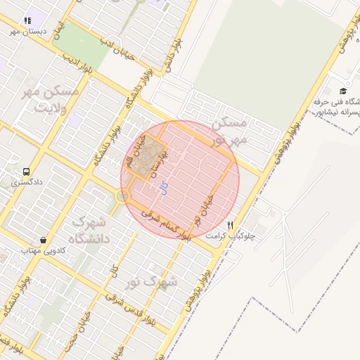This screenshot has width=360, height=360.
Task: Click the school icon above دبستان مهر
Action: pyautogui.click(x=27, y=21)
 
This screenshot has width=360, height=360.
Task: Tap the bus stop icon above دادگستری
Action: pyautogui.click(x=26, y=171)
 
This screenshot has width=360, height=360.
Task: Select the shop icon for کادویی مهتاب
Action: pyautogui.click(x=44, y=239)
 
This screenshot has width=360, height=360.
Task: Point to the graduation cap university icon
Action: pyautogui.click(x=343, y=91)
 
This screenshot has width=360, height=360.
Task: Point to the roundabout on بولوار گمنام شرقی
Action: pyautogui.click(x=122, y=196)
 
